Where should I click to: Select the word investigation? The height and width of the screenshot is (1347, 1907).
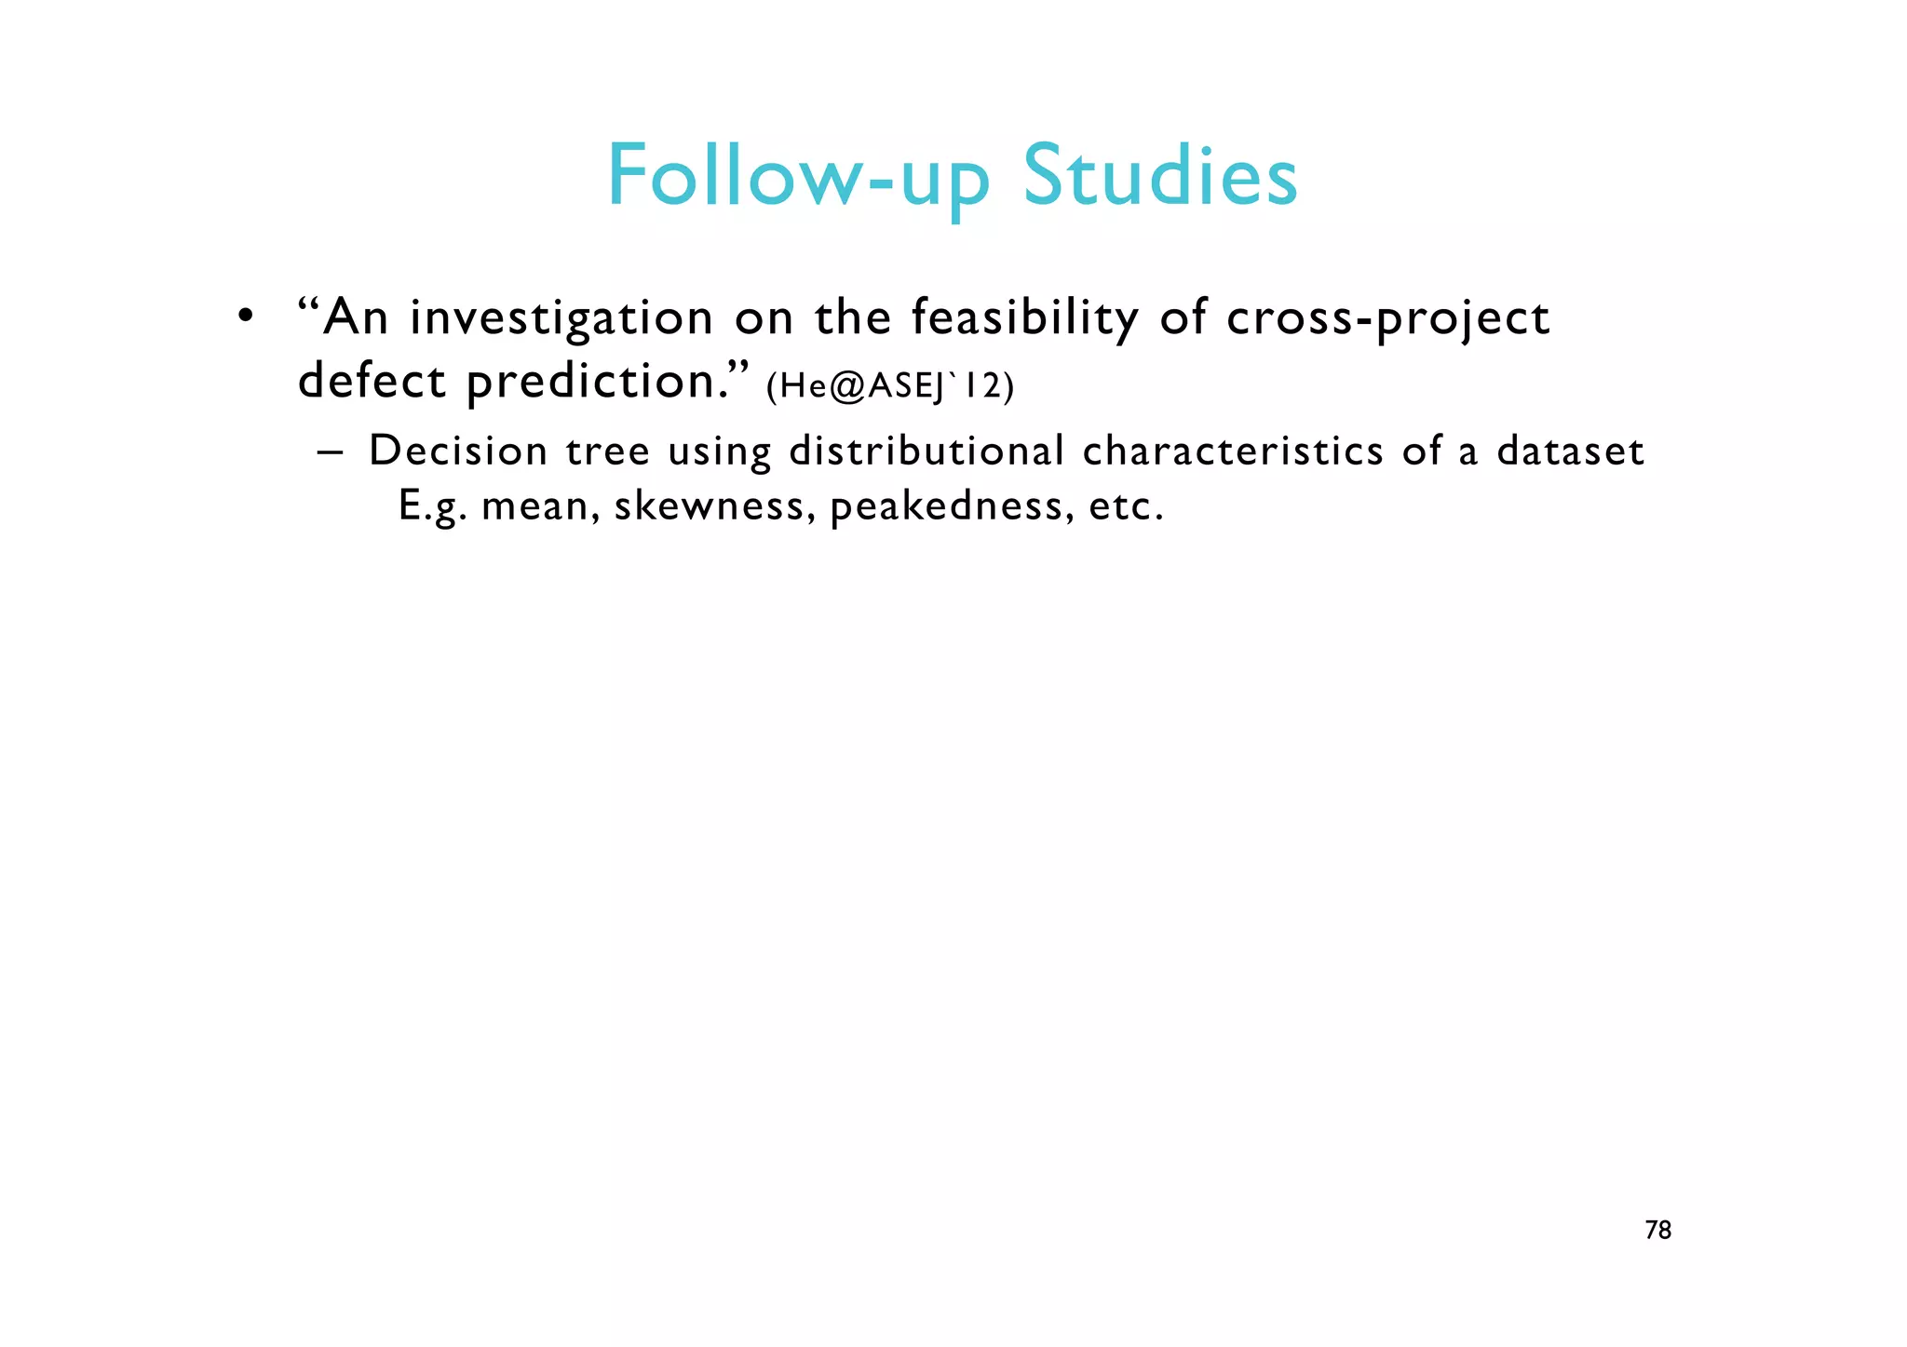click(561, 318)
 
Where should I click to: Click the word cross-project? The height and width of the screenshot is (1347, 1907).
click(1387, 318)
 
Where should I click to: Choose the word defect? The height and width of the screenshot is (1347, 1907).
click(372, 381)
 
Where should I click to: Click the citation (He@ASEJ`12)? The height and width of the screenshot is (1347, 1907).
click(889, 385)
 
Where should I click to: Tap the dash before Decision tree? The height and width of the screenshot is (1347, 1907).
click(330, 451)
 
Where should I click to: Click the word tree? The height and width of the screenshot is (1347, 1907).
click(607, 451)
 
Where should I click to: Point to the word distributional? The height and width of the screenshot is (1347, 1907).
click(926, 451)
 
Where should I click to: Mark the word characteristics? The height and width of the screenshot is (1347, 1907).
click(1233, 451)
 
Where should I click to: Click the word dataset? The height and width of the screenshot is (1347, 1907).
click(1570, 451)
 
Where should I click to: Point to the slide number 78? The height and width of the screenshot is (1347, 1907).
click(1658, 1231)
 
